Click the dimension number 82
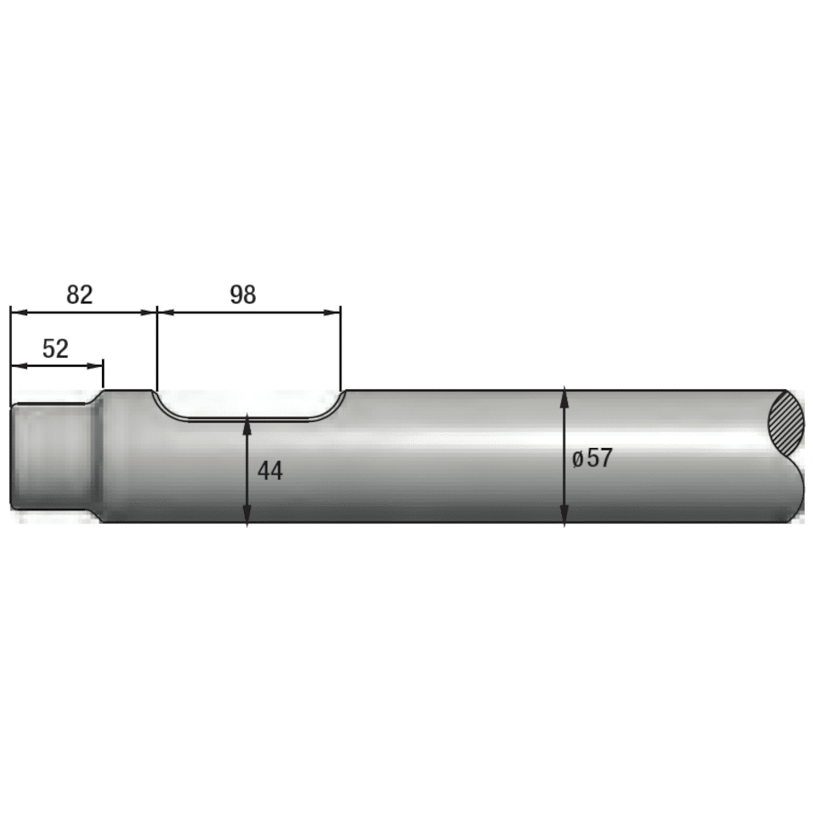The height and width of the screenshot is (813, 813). pos(79,294)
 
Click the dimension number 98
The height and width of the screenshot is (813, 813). pos(243,294)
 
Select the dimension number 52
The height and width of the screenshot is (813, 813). pos(55,349)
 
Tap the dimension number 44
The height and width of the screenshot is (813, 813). pos(270,471)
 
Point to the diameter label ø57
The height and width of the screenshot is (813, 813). pos(592,458)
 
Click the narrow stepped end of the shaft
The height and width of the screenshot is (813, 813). pos(51,456)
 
